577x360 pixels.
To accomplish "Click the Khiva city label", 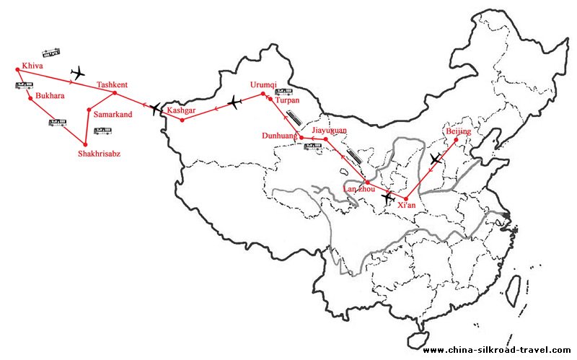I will coord(33,66).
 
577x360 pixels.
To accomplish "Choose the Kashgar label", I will coord(181,110).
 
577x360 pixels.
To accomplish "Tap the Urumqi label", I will coord(263,84).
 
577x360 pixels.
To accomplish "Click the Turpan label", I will coord(287,100).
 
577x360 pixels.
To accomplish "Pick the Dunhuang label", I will coord(280,135).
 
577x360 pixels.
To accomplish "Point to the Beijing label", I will coord(459,131).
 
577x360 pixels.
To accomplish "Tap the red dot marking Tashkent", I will coord(115,92).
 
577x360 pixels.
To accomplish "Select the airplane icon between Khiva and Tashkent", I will coord(79,73).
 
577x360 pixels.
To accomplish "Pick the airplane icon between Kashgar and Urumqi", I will coord(234,103).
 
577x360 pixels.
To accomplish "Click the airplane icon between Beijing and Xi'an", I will coord(436,159).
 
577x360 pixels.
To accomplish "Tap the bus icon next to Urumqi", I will coord(283,92).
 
